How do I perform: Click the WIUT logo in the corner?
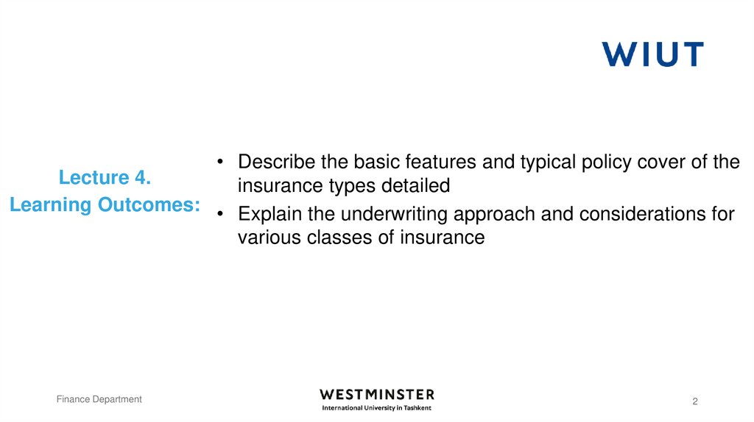652,54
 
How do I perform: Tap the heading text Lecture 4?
105,178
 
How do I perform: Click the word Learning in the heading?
52,205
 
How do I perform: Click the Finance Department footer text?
99,399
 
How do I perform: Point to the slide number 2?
694,401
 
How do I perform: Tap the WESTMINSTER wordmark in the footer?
377,395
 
